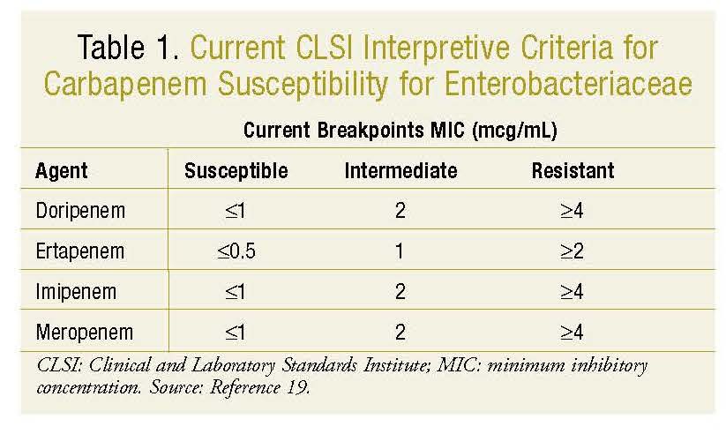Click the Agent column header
coord(61,171)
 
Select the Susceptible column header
coord(236,171)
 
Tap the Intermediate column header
coord(401,170)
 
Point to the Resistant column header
coord(573,170)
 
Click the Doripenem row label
coord(80,211)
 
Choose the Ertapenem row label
coord(80,251)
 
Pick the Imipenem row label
coord(76,292)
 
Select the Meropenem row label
coord(85,332)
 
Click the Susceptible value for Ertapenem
coord(236,251)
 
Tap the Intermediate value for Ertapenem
coord(400,251)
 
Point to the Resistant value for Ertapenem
coord(572,251)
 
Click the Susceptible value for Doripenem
coord(236,211)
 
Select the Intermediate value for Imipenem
coord(400,291)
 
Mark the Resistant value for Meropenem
coord(572,332)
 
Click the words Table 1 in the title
coord(128,48)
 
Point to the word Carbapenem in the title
coord(125,85)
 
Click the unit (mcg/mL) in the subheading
coord(514,131)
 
